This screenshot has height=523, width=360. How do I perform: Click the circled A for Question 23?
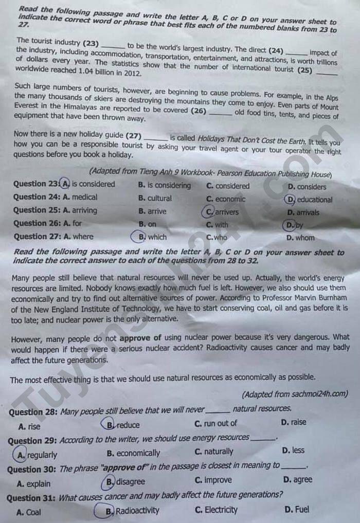(65, 184)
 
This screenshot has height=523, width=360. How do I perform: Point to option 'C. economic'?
(226, 199)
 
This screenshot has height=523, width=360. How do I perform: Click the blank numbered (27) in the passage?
(155, 138)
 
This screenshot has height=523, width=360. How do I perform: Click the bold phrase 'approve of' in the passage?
(140, 338)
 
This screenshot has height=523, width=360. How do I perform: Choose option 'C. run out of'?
(216, 423)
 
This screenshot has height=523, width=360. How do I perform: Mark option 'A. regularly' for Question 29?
(37, 455)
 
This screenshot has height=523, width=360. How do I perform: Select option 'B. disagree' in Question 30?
(125, 482)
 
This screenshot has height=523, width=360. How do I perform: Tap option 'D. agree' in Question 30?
(297, 479)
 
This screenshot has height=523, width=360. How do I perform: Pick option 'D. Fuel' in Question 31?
(297, 509)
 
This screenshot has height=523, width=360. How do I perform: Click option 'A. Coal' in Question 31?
(29, 512)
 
